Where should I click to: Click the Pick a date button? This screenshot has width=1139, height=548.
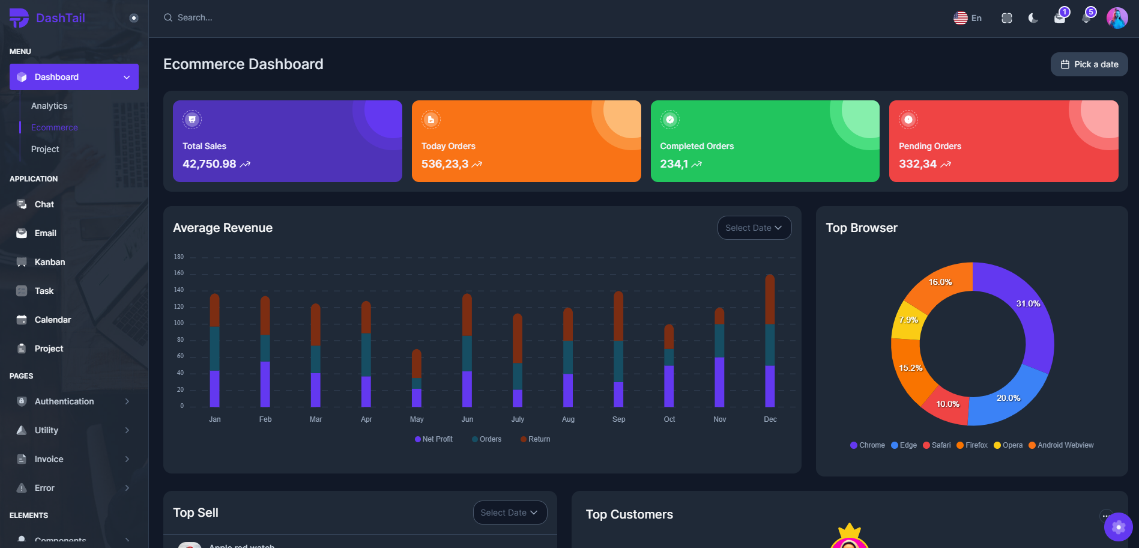tap(1089, 64)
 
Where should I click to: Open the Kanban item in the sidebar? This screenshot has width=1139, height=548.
tap(49, 262)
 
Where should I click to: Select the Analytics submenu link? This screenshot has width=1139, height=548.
tap(49, 106)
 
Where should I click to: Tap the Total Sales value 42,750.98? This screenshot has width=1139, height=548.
tap(210, 164)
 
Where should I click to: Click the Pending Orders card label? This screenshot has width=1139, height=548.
tap(929, 146)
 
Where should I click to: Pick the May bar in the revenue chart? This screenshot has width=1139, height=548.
tap(417, 379)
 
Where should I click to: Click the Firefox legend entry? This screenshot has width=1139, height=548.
tap(972, 445)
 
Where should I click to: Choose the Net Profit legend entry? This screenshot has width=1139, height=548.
tap(434, 439)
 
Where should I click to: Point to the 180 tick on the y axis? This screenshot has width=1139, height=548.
tap(179, 257)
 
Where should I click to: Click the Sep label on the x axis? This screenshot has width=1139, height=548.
tap(618, 419)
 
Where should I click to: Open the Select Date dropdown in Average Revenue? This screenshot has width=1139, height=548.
tap(754, 228)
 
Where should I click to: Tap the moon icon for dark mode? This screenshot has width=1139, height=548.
tap(1033, 18)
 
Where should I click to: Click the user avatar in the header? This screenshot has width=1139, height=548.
tap(1117, 18)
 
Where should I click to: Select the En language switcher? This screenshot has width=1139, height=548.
tap(967, 18)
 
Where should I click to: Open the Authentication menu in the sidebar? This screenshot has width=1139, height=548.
tap(64, 401)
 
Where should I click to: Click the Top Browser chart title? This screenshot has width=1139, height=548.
tap(861, 228)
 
